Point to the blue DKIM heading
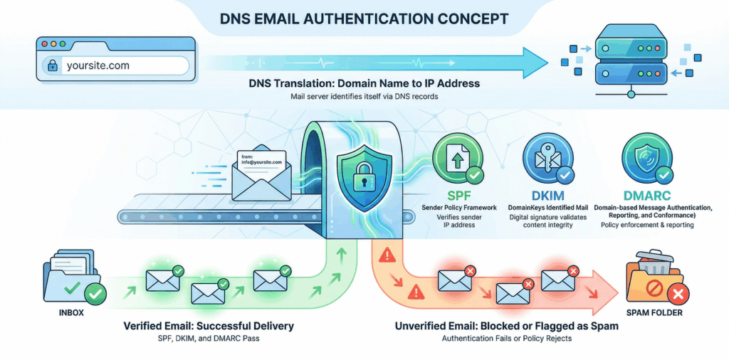(546, 194)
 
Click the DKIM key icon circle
(546, 158)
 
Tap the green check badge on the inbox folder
(95, 292)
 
